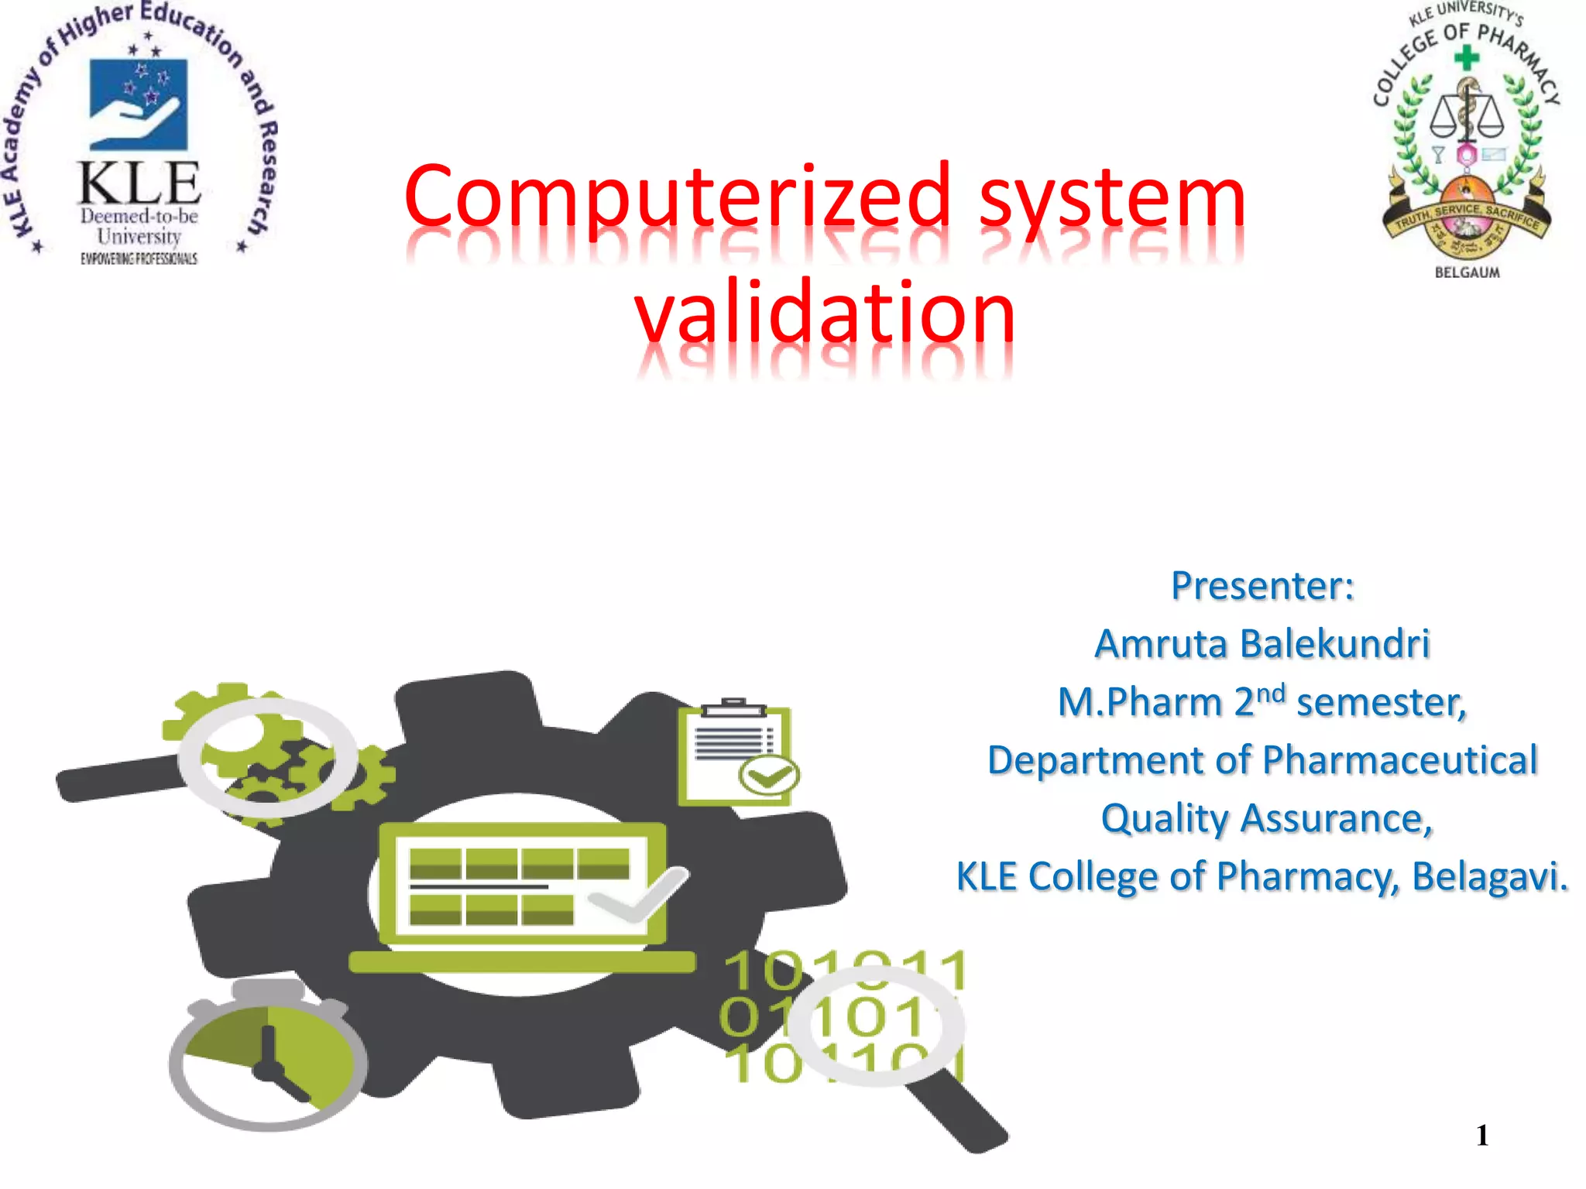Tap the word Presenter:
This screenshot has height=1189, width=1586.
(x=1262, y=586)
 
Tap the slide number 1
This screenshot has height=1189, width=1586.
(x=1482, y=1136)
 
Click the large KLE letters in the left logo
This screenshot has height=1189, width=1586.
(x=139, y=184)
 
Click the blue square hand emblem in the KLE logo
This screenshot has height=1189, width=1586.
(x=139, y=105)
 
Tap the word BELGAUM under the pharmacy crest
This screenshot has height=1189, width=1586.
(x=1467, y=272)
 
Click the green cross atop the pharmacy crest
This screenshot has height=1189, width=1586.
(x=1466, y=57)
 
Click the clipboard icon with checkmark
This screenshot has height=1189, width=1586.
(x=736, y=755)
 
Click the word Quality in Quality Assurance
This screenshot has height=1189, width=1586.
(x=1165, y=819)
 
